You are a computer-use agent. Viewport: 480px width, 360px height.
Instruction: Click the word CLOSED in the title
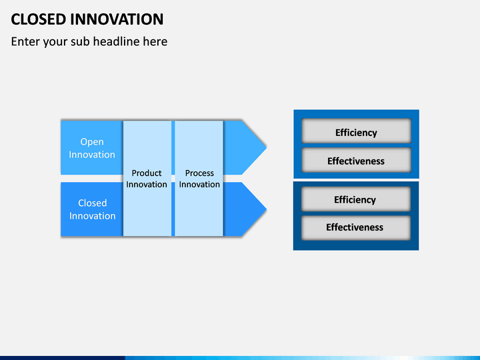click(x=39, y=19)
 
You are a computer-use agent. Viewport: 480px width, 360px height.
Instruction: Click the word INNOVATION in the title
click(x=117, y=19)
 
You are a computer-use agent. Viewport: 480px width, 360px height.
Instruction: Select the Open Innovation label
click(x=92, y=148)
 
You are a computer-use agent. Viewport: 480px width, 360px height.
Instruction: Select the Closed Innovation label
click(x=92, y=209)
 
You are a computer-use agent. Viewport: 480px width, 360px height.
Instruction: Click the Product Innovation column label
click(x=147, y=179)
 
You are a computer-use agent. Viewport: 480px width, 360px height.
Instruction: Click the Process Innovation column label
click(x=199, y=179)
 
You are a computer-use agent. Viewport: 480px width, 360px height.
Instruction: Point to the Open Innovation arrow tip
click(x=266, y=147)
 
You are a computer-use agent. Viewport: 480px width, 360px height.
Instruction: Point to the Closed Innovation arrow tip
click(x=266, y=209)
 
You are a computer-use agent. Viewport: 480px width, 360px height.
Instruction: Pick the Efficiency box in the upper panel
click(x=356, y=131)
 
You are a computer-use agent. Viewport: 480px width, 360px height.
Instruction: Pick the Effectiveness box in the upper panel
click(x=356, y=160)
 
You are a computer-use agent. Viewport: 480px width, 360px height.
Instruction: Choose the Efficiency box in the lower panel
click(x=356, y=199)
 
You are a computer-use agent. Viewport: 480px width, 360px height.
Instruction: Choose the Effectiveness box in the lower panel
click(x=356, y=228)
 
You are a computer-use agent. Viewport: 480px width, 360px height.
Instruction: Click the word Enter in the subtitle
click(x=25, y=41)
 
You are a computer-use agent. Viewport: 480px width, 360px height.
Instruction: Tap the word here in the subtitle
click(x=155, y=41)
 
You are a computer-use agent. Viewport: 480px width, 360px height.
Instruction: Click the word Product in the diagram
click(x=147, y=173)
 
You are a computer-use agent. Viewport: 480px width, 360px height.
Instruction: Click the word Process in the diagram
click(x=199, y=173)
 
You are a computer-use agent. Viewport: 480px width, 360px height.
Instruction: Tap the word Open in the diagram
click(x=92, y=143)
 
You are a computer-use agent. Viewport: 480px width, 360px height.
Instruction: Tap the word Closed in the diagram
click(x=92, y=203)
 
